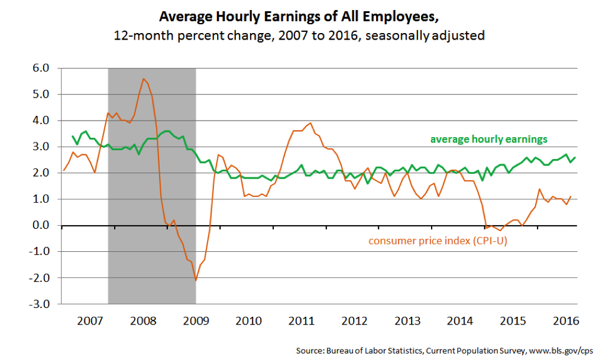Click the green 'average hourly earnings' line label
[488, 140]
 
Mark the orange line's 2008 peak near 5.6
[143, 79]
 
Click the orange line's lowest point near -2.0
[196, 280]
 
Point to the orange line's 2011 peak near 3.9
[310, 123]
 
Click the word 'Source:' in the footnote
[311, 351]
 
